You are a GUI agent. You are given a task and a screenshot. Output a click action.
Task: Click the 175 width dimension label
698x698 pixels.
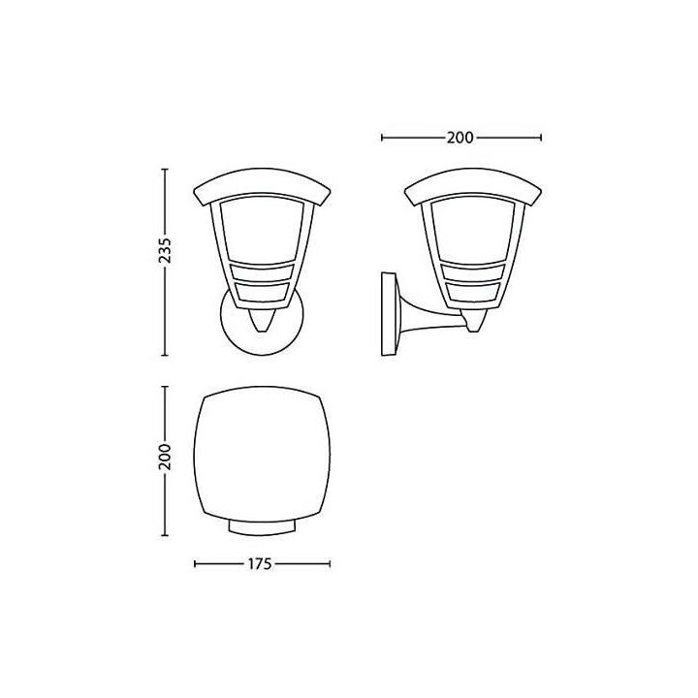[x=260, y=564]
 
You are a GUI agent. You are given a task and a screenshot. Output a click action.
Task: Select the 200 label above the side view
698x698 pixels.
[x=460, y=138]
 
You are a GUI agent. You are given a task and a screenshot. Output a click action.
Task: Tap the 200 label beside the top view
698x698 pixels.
[x=165, y=457]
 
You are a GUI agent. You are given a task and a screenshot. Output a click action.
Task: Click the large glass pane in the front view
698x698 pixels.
[x=262, y=232]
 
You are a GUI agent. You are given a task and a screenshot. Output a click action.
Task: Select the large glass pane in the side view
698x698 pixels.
[x=473, y=232]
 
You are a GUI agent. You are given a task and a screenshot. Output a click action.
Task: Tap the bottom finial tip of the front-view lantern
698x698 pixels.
[x=262, y=332]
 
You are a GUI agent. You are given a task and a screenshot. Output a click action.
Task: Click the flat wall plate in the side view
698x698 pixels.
[x=388, y=314]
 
